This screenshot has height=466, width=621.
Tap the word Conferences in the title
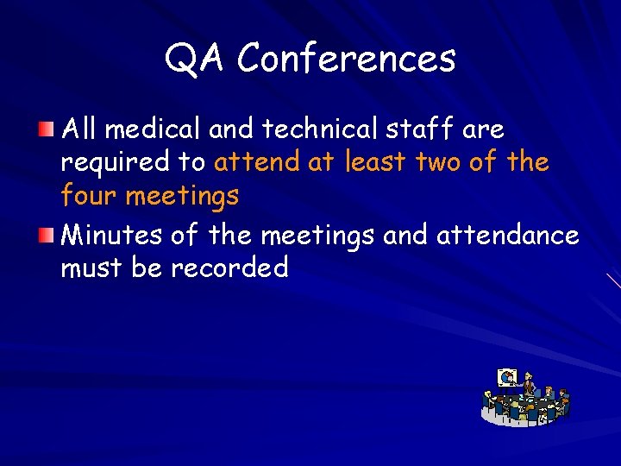[346, 59]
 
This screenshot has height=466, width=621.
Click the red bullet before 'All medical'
[49, 129]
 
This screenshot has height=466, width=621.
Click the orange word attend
[256, 162]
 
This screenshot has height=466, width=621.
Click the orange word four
[89, 197]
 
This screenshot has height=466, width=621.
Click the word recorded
[229, 268]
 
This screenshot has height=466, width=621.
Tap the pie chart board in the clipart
[508, 377]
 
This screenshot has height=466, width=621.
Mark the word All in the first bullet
[81, 129]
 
